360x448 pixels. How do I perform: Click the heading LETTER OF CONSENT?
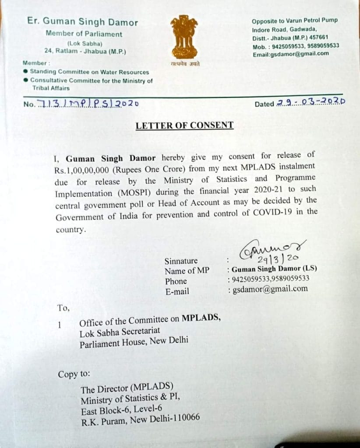(x=184, y=126)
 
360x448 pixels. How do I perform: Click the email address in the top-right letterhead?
(x=290, y=54)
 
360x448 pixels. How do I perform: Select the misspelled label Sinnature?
(x=181, y=261)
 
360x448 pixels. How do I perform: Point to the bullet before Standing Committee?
(x=26, y=71)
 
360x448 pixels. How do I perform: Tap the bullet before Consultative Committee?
(x=26, y=80)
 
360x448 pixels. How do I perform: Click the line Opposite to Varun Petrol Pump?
(x=295, y=21)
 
